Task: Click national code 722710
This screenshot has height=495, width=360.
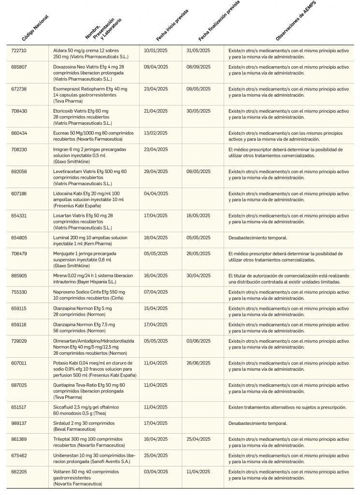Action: (x=19, y=50)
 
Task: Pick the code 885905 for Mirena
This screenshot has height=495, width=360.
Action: (x=19, y=276)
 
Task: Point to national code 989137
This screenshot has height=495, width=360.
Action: (x=19, y=423)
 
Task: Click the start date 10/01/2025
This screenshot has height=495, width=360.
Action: (x=156, y=50)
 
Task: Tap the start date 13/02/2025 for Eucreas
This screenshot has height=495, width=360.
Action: (x=156, y=133)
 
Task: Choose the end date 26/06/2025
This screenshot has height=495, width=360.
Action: (x=199, y=363)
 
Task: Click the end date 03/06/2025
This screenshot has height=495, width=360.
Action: (x=199, y=341)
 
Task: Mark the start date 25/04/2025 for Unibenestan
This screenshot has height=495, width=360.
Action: (x=156, y=455)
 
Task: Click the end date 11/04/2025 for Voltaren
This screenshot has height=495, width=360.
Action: (x=199, y=471)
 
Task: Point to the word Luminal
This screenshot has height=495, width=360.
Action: (x=61, y=237)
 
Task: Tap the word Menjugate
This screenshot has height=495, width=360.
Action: (x=64, y=254)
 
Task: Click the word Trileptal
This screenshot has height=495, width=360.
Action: (x=62, y=439)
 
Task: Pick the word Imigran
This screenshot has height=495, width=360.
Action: (x=61, y=149)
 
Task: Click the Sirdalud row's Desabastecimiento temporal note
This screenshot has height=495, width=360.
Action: (x=258, y=423)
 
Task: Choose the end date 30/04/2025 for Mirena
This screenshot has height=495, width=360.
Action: (x=199, y=276)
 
